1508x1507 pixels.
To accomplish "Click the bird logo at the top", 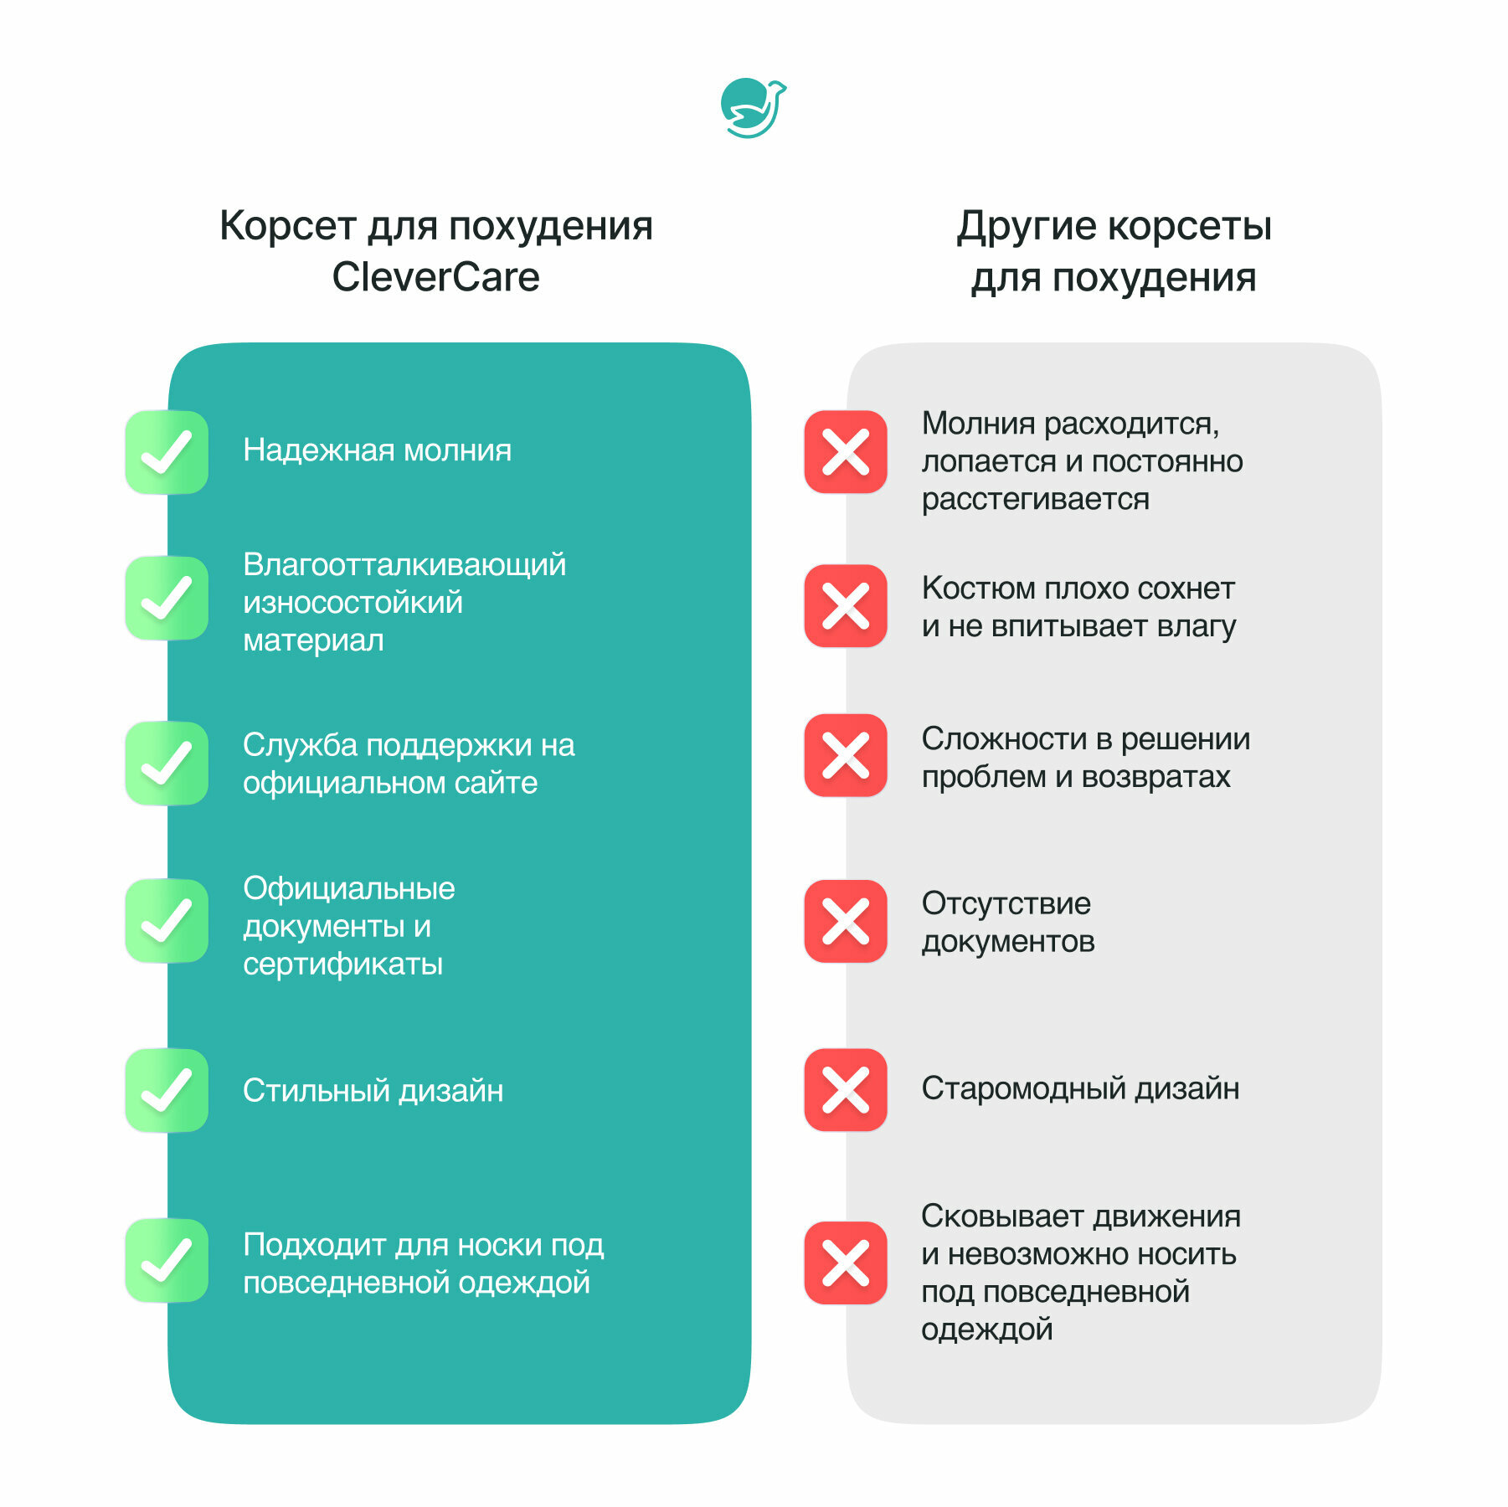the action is tap(753, 108).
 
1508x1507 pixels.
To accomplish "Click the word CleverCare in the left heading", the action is tap(435, 277).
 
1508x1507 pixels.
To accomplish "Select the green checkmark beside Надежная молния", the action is tap(167, 452).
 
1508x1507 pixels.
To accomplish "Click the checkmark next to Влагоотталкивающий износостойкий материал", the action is tap(167, 598).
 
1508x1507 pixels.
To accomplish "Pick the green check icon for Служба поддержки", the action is tap(167, 763).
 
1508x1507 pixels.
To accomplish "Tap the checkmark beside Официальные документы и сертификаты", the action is tap(167, 920).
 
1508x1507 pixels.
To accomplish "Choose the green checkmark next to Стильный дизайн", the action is tap(167, 1090).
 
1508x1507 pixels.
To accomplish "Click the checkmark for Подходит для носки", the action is tap(167, 1260).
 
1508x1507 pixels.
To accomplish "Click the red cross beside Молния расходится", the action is tap(846, 452).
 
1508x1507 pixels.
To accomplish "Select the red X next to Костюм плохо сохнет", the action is tap(846, 606).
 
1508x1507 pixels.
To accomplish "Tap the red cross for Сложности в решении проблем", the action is tap(846, 755).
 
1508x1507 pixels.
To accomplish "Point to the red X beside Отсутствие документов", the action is tap(846, 921).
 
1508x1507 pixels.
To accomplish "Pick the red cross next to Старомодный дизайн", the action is tap(846, 1090).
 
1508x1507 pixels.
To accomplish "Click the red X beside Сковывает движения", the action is tap(846, 1263).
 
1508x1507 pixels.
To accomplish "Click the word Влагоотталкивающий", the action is tap(404, 565).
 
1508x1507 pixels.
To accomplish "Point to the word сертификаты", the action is tap(342, 964).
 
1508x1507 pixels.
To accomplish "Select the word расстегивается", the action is tap(1035, 499).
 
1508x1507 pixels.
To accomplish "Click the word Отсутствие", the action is tap(1006, 903).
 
